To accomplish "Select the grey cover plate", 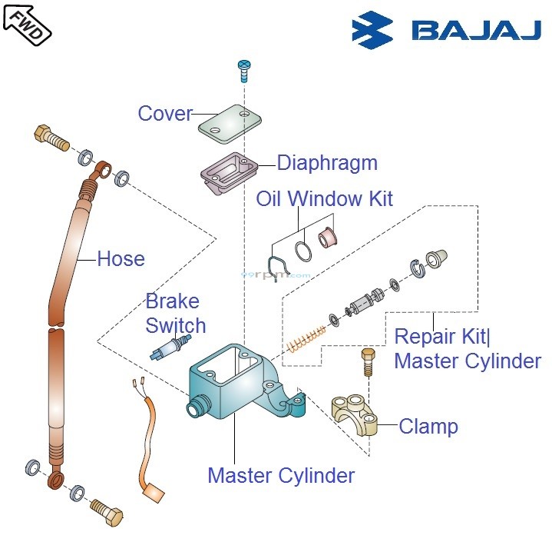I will click(230, 123).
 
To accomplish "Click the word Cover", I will click(165, 114).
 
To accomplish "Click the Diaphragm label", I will click(327, 163).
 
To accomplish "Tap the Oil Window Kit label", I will click(324, 199).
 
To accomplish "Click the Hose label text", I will click(121, 259).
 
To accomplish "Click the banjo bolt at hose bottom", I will click(105, 508).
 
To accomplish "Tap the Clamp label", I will click(428, 427).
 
